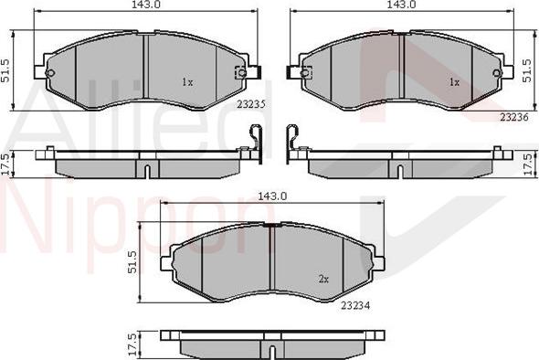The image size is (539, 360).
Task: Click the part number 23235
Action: [250, 104]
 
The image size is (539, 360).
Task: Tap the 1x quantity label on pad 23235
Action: [186, 82]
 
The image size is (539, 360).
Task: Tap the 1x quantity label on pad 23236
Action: [452, 82]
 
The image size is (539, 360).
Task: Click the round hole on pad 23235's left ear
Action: [51, 74]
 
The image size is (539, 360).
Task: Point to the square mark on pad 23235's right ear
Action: [240, 73]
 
